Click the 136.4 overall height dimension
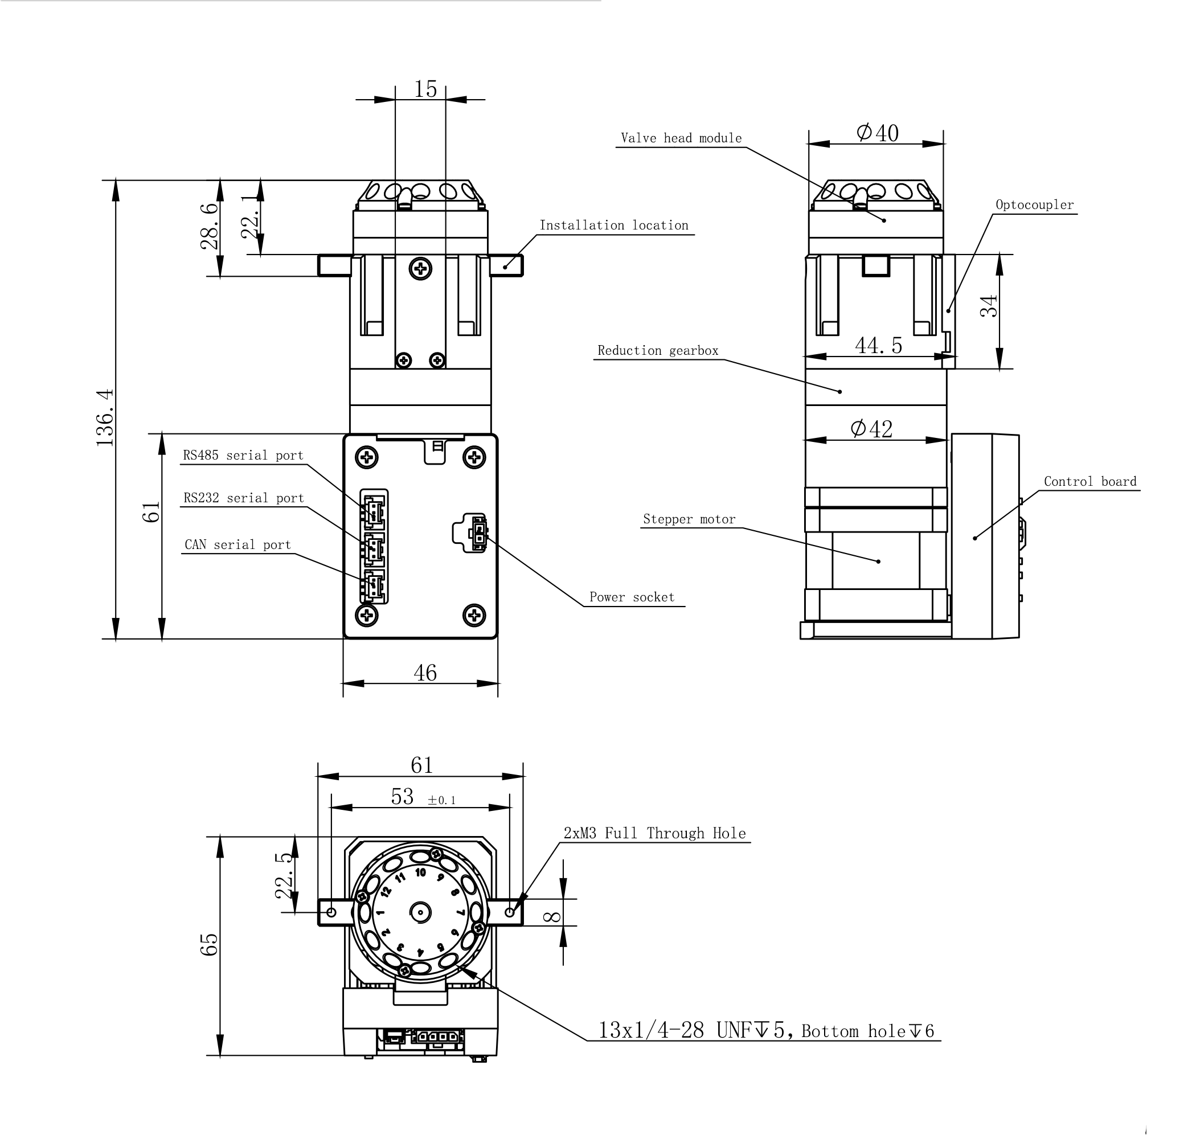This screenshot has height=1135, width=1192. (x=105, y=417)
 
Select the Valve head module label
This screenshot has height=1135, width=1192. (x=681, y=138)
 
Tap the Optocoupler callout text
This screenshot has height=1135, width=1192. (x=1035, y=204)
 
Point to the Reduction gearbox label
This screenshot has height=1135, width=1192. (x=658, y=350)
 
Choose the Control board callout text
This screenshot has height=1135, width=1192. (x=1091, y=481)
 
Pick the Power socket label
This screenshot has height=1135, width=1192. (x=632, y=597)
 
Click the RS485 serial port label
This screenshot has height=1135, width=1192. (x=243, y=455)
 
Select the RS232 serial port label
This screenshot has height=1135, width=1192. (x=244, y=498)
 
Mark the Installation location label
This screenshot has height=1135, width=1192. (x=614, y=225)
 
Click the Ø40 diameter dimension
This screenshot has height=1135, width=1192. (x=878, y=133)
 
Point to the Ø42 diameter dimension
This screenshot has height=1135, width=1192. (x=871, y=428)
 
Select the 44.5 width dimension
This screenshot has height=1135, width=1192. (x=879, y=346)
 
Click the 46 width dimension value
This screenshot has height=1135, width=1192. (x=425, y=673)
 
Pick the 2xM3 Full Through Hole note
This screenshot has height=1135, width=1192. (x=655, y=833)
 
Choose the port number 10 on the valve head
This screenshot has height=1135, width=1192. (x=420, y=872)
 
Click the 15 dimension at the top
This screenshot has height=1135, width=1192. (x=425, y=89)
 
